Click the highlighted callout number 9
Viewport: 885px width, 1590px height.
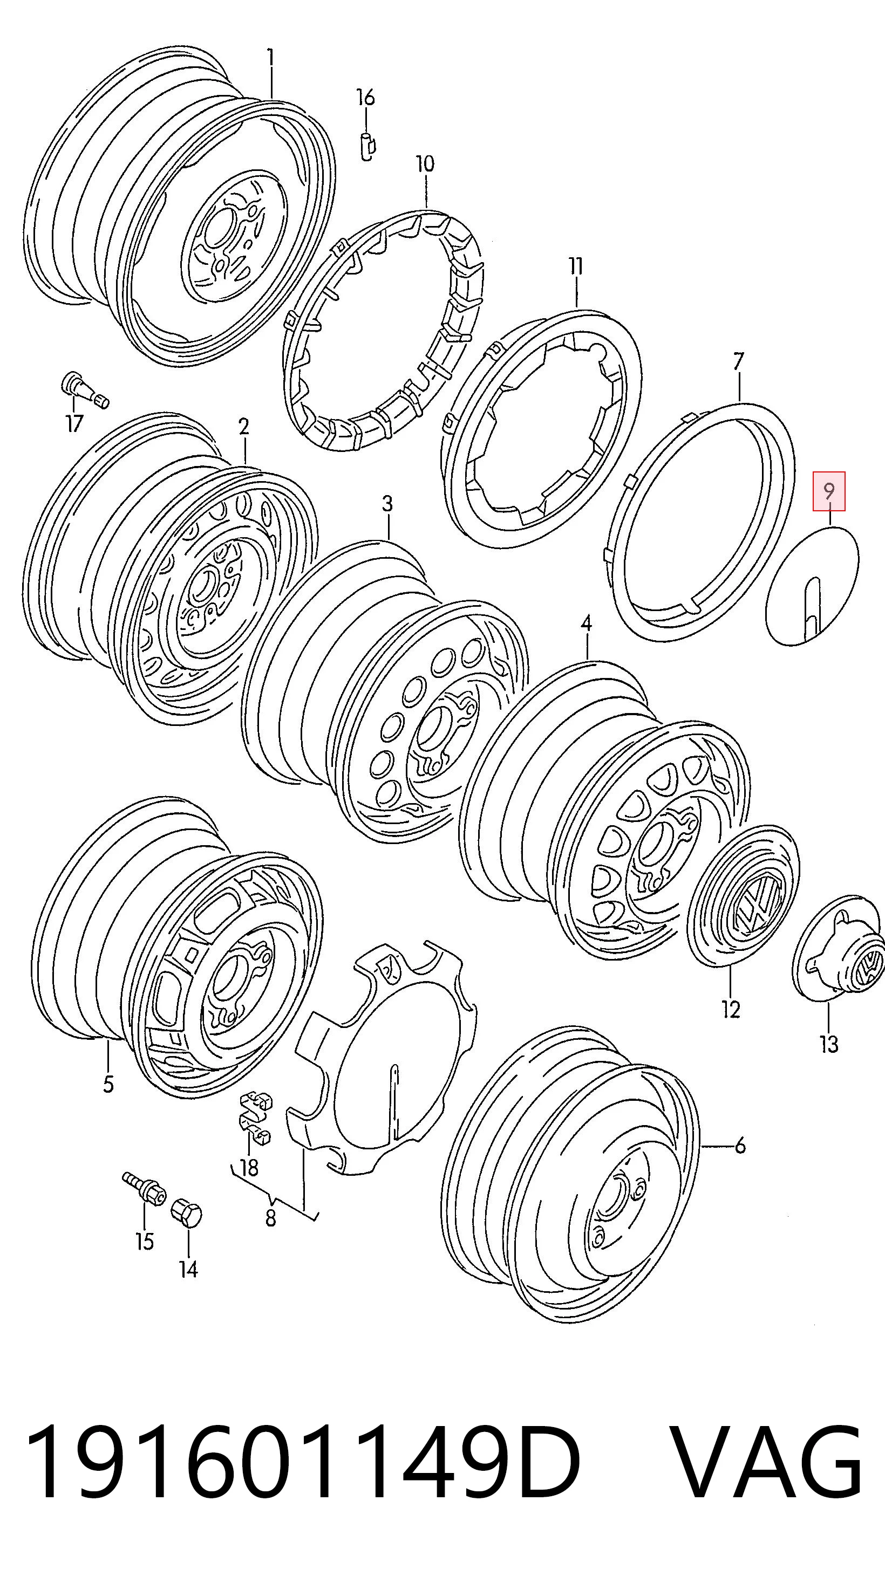coord(829,491)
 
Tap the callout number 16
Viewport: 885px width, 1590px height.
coord(366,97)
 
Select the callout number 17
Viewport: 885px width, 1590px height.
coord(74,423)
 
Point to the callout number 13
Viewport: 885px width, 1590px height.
coord(829,1044)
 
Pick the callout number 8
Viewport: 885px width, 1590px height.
coord(270,1218)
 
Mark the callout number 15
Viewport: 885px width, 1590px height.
coord(145,1241)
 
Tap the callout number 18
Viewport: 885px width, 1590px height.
coord(249,1168)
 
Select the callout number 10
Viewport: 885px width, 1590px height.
coord(425,164)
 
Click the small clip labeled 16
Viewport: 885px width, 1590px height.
coord(368,146)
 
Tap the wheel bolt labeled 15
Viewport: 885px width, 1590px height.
coord(145,1185)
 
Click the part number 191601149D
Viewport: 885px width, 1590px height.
coord(303,1462)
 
